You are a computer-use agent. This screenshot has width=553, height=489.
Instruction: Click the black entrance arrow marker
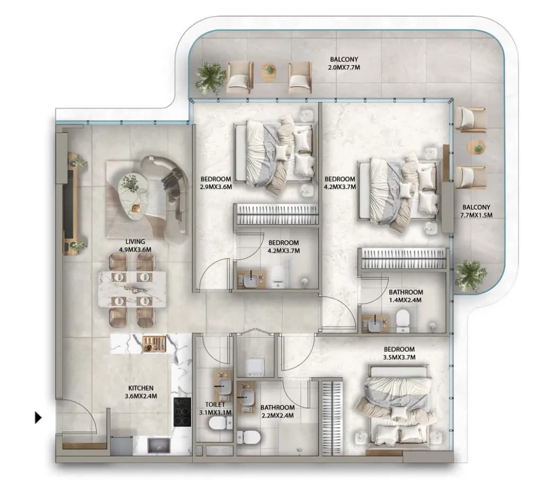pyautogui.click(x=38, y=418)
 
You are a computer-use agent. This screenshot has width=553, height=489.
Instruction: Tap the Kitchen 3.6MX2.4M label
pyautogui.click(x=141, y=392)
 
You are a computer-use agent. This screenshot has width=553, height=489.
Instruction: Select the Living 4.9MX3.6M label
pyautogui.click(x=135, y=245)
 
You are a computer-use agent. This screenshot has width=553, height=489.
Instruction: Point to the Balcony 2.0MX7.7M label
pyautogui.click(x=344, y=64)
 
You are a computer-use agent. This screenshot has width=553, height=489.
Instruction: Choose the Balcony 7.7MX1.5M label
pyautogui.click(x=476, y=211)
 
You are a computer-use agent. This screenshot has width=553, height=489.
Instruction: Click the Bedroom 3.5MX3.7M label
pyautogui.click(x=399, y=353)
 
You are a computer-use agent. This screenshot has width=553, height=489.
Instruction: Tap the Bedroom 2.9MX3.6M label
pyautogui.click(x=215, y=183)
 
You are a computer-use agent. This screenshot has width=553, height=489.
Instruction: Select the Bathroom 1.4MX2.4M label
pyautogui.click(x=406, y=296)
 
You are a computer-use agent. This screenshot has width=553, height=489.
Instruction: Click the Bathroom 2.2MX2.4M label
pyautogui.click(x=277, y=411)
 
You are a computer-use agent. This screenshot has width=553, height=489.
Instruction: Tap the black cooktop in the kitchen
pyautogui.click(x=182, y=412)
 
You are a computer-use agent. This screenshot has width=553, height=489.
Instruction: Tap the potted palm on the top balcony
pyautogui.click(x=210, y=78)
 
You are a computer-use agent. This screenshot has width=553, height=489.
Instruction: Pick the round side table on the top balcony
pyautogui.click(x=269, y=73)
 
